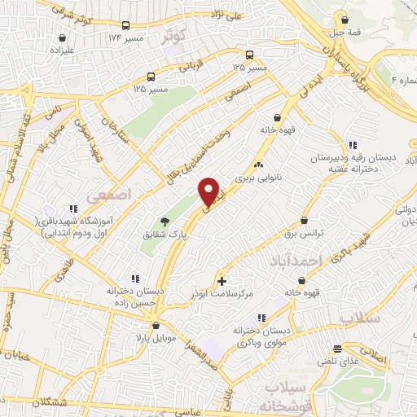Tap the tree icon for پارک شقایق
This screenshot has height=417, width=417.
(165, 221)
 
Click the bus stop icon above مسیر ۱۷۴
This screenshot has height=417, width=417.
(125, 26)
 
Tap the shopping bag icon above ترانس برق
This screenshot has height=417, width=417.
(305, 220)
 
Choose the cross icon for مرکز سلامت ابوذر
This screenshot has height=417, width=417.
(222, 281)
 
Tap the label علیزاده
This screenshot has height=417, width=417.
(62, 49)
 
